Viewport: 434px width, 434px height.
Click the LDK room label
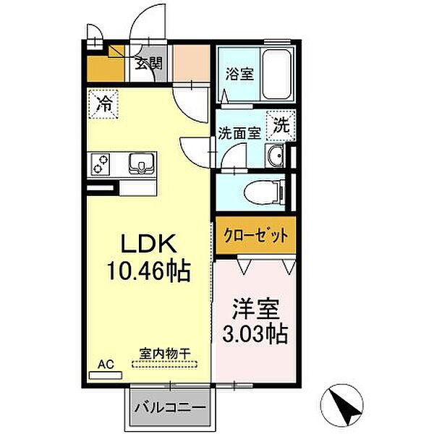pyautogui.click(x=148, y=244)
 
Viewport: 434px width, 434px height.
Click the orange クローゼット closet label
pyautogui.click(x=255, y=235)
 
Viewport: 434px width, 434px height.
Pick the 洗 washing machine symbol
pyautogui.click(x=280, y=124)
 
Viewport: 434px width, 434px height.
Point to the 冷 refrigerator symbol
pyautogui.click(x=103, y=102)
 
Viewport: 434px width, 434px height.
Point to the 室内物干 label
pyautogui.click(x=164, y=354)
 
